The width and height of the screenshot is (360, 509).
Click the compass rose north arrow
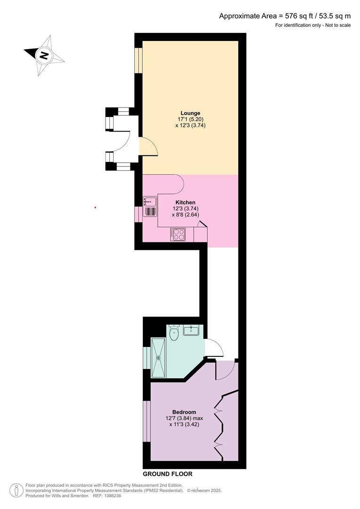[x=44, y=56]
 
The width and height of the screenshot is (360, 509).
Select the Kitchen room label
[x=185, y=202]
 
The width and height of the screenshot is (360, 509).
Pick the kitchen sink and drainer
[x=150, y=206]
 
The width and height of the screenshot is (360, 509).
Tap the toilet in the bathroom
[x=174, y=334]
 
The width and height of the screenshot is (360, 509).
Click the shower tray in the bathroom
[x=158, y=357]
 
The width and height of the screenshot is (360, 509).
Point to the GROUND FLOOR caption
[x=168, y=474]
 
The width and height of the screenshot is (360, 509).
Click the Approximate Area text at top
[x=285, y=16]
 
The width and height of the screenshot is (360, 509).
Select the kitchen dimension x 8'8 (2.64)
[x=185, y=214]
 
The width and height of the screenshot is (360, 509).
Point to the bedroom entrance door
[x=225, y=370]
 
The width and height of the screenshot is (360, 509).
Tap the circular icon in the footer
[x=16, y=490]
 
